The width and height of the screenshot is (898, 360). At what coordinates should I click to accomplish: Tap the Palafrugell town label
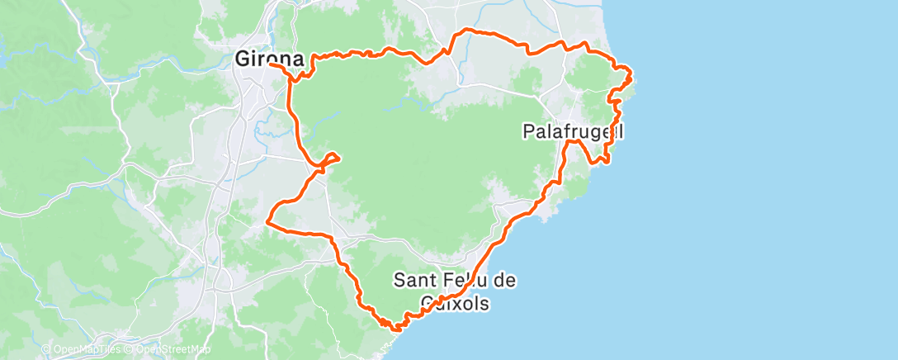[573, 131]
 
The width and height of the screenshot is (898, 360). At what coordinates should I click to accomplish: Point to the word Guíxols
[454, 303]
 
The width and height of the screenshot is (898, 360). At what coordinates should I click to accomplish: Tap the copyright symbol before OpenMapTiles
[45, 349]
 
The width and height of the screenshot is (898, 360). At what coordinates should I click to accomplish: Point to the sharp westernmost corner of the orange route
[267, 220]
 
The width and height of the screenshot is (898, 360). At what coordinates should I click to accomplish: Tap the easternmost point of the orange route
[632, 78]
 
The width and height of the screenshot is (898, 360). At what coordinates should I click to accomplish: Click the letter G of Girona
[242, 60]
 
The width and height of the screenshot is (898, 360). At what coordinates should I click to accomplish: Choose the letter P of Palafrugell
[529, 131]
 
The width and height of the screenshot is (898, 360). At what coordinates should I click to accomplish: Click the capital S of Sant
[400, 281]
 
